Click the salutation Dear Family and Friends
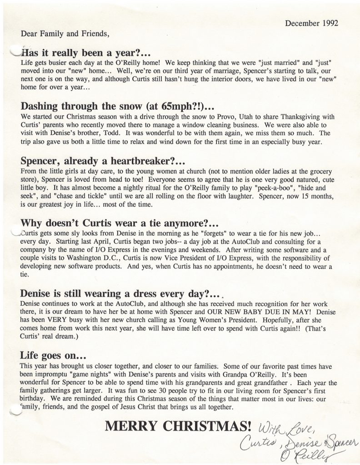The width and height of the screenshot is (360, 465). click(x=65, y=33)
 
